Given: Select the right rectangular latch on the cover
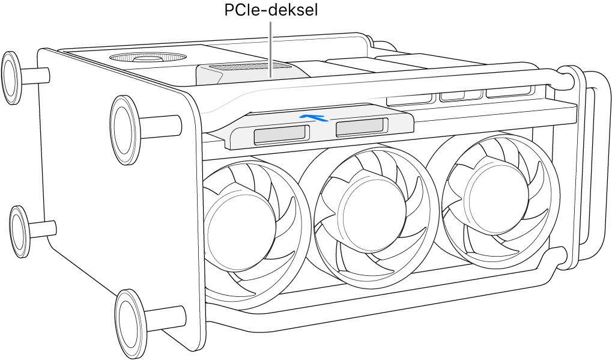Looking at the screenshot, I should [359, 127].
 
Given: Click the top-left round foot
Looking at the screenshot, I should [13, 75].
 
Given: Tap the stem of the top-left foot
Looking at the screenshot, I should [35, 74].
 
